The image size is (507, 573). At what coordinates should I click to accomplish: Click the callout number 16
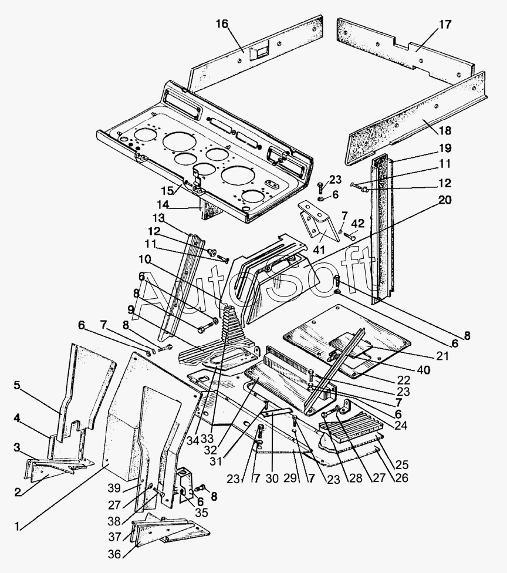(222, 24)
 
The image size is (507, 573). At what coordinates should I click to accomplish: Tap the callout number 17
(445, 25)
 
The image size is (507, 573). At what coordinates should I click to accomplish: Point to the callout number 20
(445, 200)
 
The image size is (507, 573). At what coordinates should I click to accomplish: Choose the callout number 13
(159, 218)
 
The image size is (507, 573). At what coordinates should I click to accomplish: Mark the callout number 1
(17, 527)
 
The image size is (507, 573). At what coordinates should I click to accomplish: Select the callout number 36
(114, 554)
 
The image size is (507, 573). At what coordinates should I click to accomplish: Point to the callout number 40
(423, 369)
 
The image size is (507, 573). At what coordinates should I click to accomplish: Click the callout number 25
(402, 465)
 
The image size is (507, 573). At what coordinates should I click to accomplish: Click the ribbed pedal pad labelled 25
(350, 432)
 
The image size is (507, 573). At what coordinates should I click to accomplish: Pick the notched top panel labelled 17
(405, 49)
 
